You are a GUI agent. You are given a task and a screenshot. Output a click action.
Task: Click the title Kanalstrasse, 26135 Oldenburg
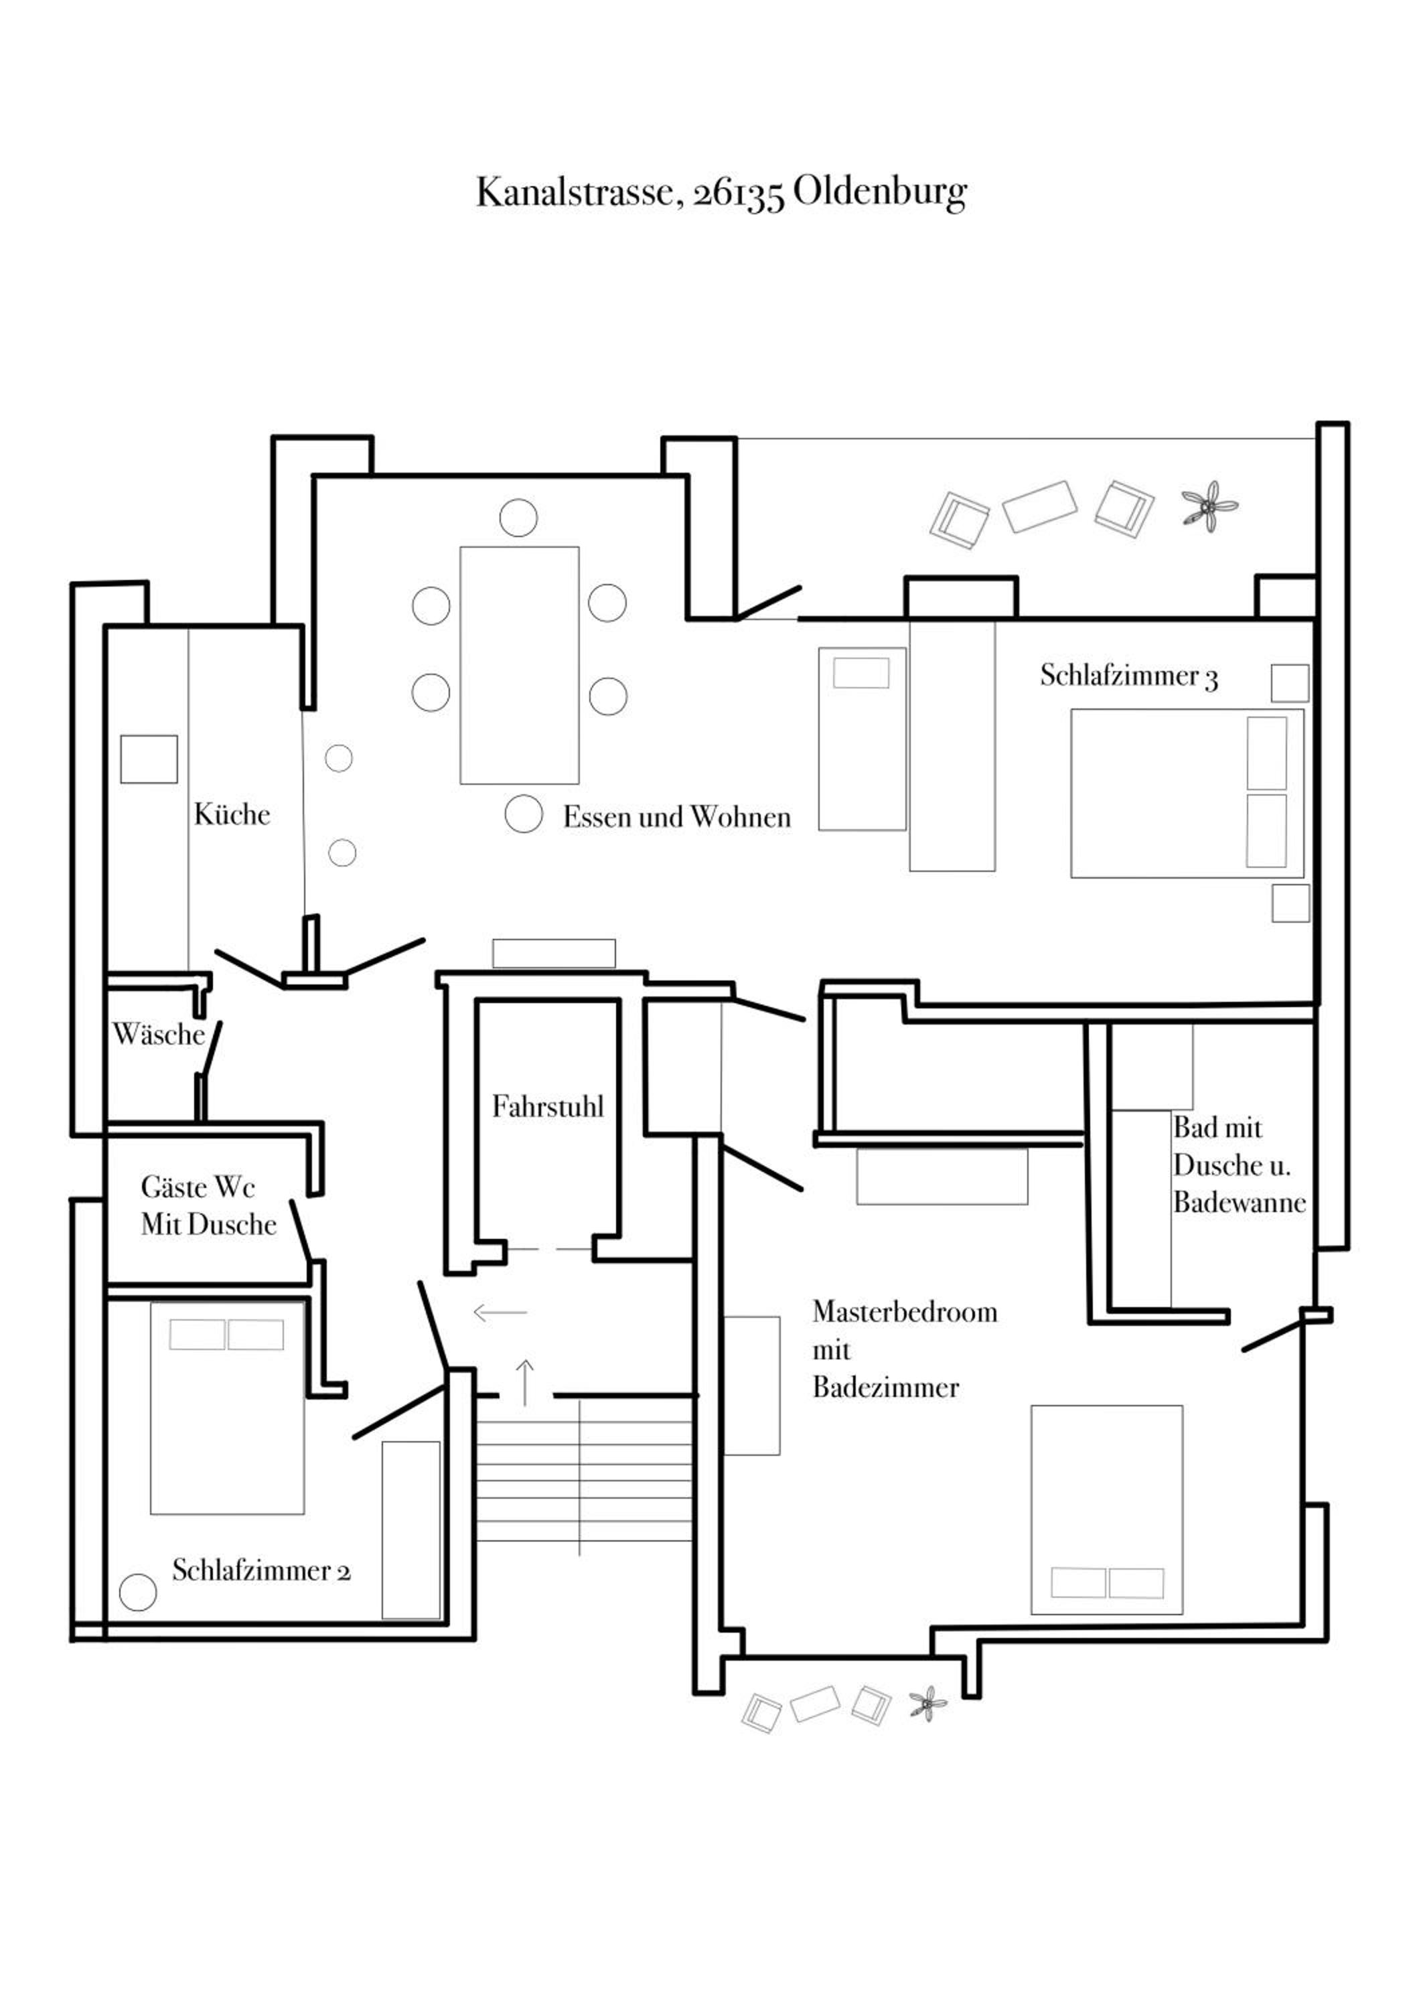tap(721, 192)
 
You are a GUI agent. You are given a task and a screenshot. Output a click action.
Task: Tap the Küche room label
tap(232, 814)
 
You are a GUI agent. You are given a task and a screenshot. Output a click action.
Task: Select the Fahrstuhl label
tap(548, 1107)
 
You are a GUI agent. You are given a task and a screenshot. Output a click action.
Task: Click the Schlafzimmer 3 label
tap(1129, 676)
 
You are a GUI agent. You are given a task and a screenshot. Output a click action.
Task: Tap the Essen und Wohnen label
tap(676, 817)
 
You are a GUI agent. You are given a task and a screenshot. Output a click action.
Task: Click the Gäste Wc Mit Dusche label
tap(208, 1206)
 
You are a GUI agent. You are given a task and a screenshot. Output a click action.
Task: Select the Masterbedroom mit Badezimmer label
tap(905, 1350)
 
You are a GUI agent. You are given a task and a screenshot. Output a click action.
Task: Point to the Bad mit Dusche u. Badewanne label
tap(1239, 1165)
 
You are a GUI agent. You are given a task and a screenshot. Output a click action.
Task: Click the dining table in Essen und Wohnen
tap(519, 665)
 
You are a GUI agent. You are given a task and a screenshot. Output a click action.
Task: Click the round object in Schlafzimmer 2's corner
tap(137, 1592)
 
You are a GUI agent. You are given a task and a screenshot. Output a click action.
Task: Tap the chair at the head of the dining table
tap(518, 518)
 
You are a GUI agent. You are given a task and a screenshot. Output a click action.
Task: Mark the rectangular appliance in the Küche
tap(149, 759)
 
